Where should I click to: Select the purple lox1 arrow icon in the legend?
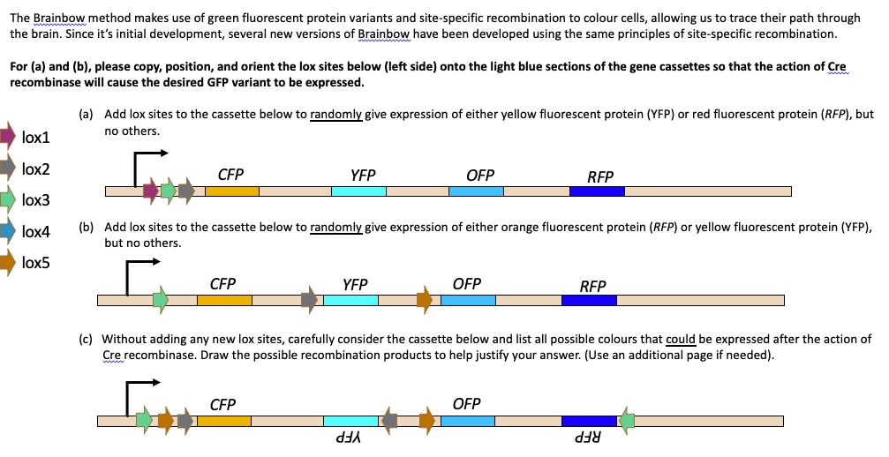(x=8, y=136)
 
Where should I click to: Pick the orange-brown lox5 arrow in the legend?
(x=7, y=261)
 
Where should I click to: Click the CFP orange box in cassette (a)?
(x=232, y=191)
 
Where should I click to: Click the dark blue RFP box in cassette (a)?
(x=598, y=191)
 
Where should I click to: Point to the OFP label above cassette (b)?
(x=466, y=284)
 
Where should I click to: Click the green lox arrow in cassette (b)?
(x=160, y=300)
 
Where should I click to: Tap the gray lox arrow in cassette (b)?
(x=309, y=300)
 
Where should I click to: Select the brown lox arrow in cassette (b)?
(x=425, y=300)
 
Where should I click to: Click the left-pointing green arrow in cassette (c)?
(x=627, y=421)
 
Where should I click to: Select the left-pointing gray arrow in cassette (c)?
(x=389, y=421)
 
